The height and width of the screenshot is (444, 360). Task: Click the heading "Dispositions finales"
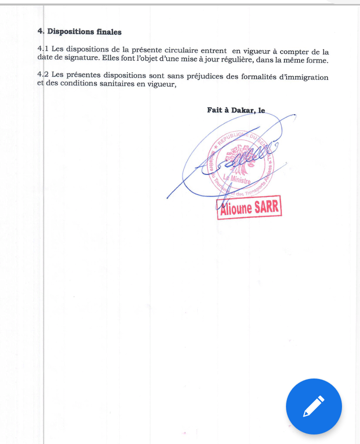click(84, 31)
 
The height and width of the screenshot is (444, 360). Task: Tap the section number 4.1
click(43, 50)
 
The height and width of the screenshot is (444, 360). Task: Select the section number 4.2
click(43, 75)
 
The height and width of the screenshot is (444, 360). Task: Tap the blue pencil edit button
click(314, 406)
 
